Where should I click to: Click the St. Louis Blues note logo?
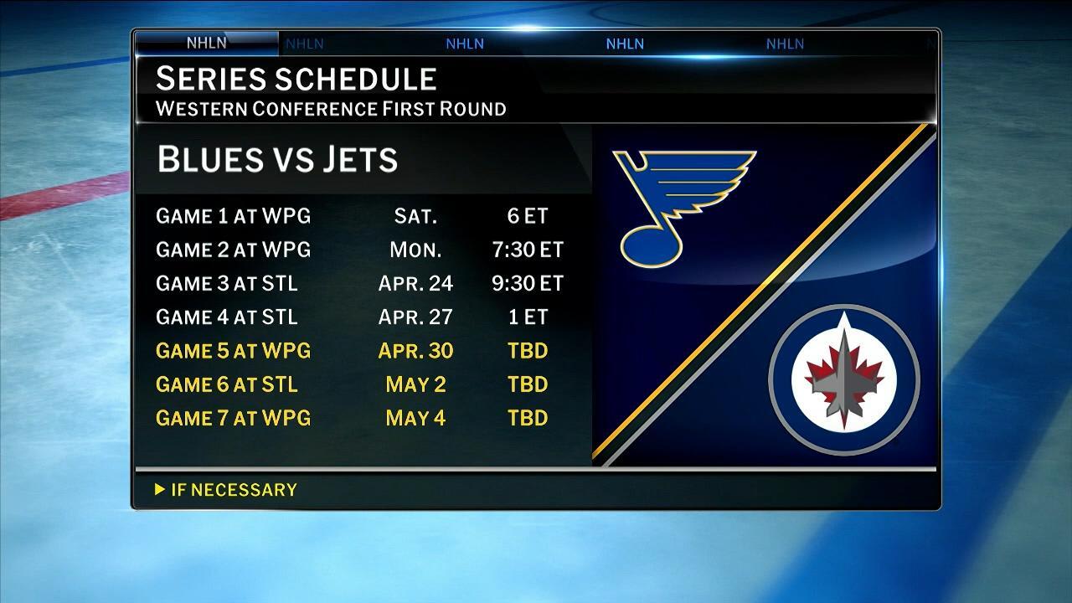click(678, 205)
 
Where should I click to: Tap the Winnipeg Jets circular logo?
click(844, 380)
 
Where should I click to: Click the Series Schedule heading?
click(296, 79)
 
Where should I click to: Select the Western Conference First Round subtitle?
click(331, 109)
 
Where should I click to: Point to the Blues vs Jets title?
click(277, 159)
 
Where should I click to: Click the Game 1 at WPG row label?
click(233, 216)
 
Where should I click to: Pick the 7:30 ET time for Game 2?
click(528, 250)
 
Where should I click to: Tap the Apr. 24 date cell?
click(415, 283)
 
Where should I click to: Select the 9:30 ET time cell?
click(528, 283)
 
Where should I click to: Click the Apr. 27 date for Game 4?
click(415, 317)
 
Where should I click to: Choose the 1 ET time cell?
click(528, 317)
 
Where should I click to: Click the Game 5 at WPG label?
click(233, 350)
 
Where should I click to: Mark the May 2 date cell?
click(415, 384)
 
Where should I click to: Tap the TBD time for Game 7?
click(528, 417)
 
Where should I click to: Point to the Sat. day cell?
click(415, 216)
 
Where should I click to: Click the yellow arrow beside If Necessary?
click(160, 489)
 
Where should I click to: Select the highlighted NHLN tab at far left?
click(206, 44)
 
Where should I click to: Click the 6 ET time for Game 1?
click(528, 216)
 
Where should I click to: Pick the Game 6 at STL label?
click(226, 384)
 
